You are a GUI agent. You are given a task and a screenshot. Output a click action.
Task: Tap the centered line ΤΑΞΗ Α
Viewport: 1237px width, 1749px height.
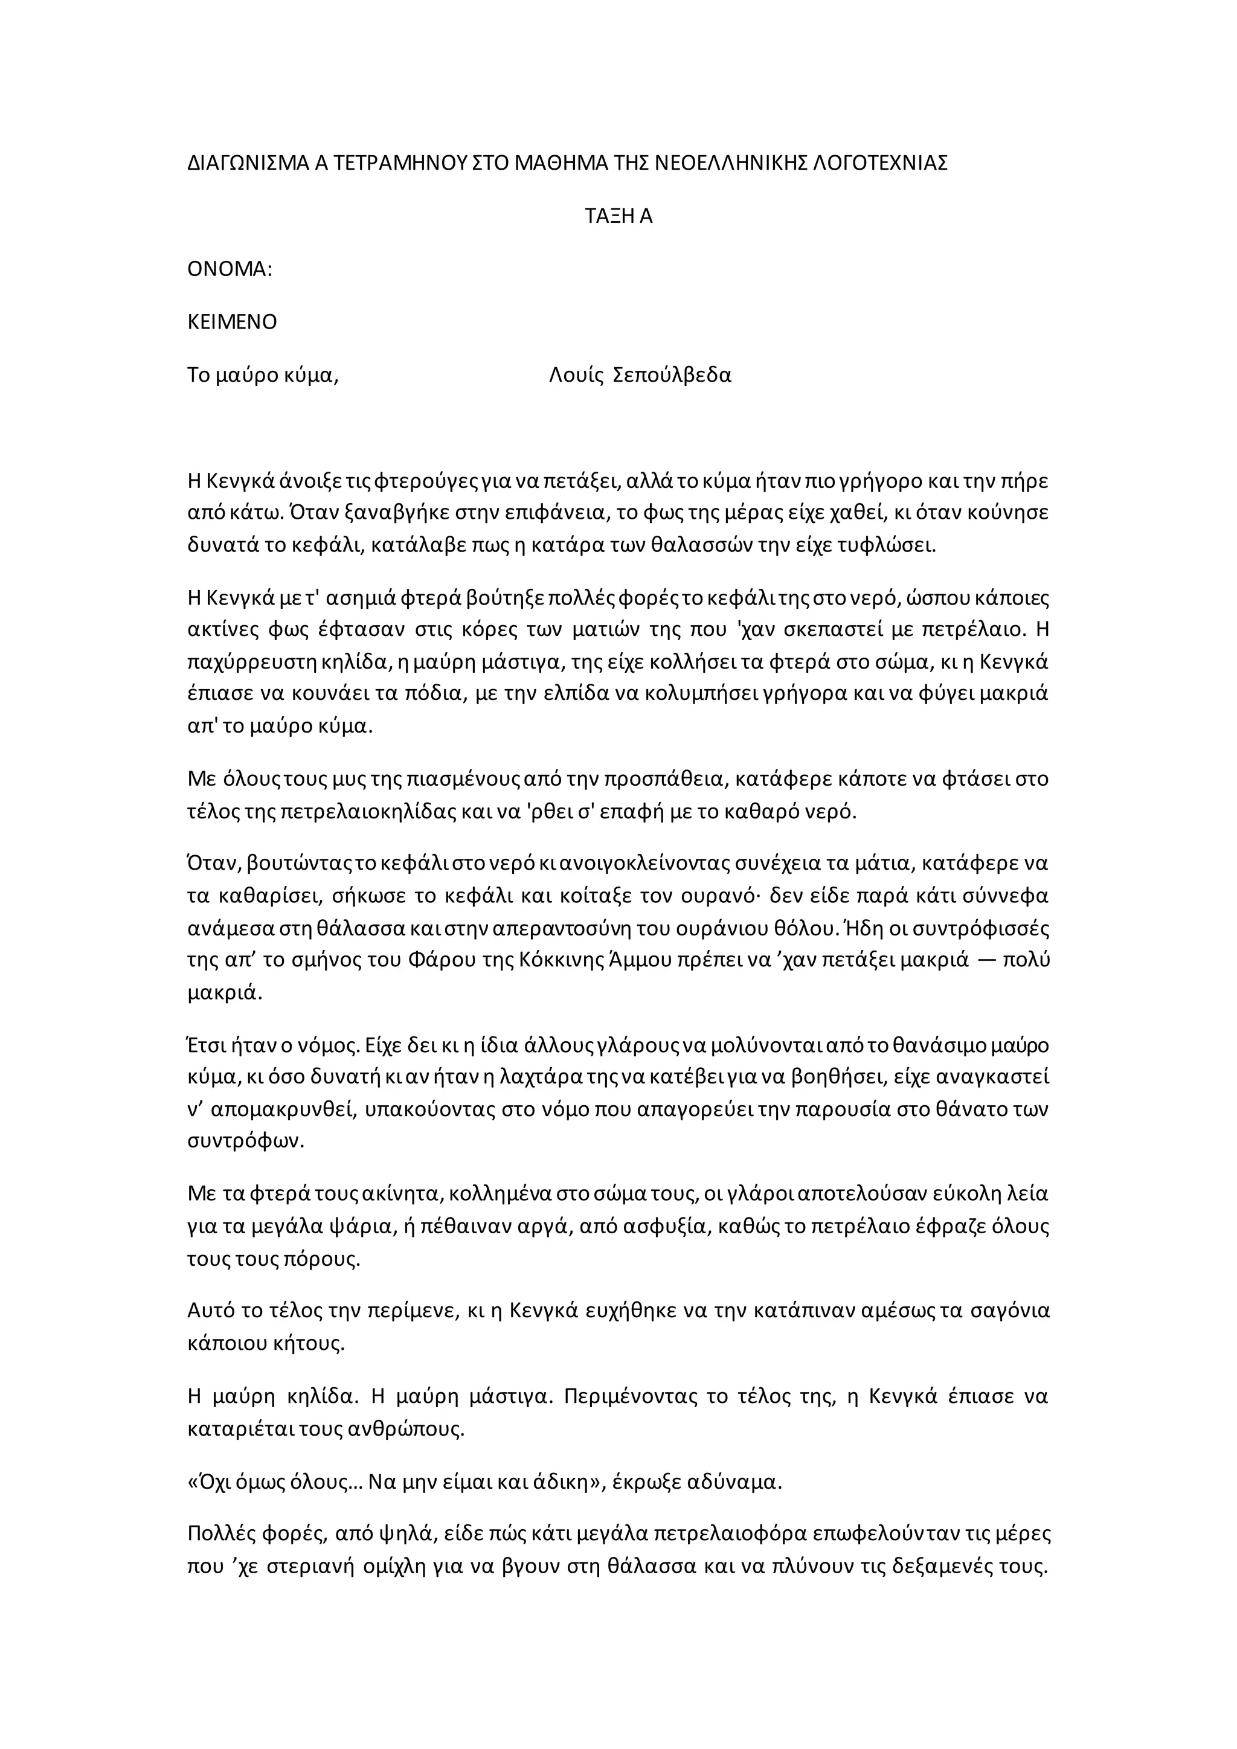pos(618,216)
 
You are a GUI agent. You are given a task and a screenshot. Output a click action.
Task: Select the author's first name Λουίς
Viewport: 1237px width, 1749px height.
pos(571,376)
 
